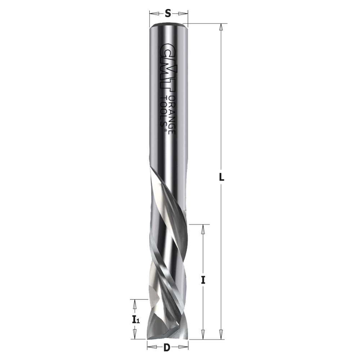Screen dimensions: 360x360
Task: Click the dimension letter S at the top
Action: (x=168, y=14)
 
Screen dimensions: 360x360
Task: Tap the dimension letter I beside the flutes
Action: (x=203, y=280)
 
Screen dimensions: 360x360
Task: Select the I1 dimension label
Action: (x=135, y=319)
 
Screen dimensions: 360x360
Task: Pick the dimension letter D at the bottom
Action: (x=167, y=348)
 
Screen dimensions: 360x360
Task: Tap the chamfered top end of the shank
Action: (x=168, y=25)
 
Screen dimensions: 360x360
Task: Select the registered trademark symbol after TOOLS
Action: (x=165, y=132)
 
